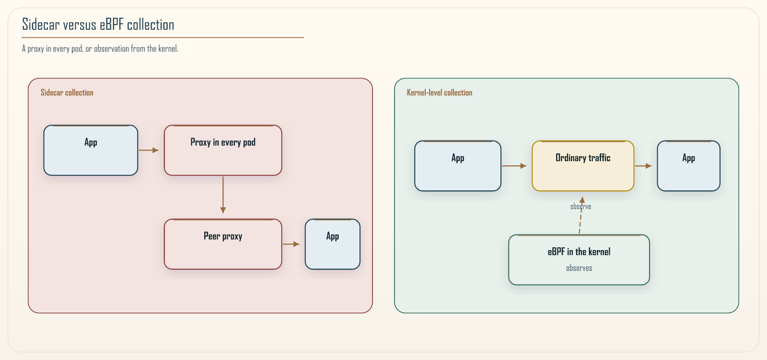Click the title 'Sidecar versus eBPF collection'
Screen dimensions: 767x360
(x=98, y=24)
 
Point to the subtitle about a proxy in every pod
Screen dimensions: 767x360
(x=100, y=48)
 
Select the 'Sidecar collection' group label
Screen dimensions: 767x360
(x=67, y=93)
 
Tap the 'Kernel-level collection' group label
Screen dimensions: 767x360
(x=439, y=93)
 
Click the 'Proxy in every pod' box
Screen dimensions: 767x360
(x=223, y=151)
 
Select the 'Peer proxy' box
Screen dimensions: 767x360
(x=223, y=244)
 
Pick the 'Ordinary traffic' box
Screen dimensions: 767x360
(x=583, y=166)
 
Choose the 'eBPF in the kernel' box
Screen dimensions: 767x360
(x=579, y=260)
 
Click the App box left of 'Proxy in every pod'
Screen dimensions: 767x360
(x=91, y=151)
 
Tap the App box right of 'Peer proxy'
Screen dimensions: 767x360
(x=333, y=244)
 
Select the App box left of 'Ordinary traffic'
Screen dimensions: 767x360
(x=458, y=166)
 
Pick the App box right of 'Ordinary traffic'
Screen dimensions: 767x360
(x=688, y=166)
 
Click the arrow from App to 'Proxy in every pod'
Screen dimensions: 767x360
(x=149, y=151)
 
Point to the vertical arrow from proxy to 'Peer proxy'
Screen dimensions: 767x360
(x=223, y=195)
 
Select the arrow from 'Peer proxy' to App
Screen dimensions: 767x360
(x=291, y=244)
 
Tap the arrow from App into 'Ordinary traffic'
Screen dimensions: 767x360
(x=514, y=166)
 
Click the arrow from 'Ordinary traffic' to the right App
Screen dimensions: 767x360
(x=643, y=166)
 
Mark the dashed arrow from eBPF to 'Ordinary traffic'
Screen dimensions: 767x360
(x=581, y=215)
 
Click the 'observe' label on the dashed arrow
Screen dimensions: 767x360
(x=581, y=206)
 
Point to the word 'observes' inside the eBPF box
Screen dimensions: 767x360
(x=579, y=268)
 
